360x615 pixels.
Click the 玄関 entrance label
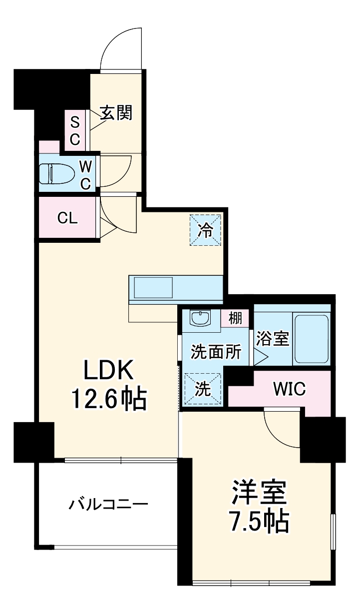[116, 113]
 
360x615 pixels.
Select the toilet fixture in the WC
[55, 173]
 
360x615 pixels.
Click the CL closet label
[67, 218]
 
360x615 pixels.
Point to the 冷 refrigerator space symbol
[205, 230]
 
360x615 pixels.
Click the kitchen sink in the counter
[151, 288]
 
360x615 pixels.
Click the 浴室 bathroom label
[273, 339]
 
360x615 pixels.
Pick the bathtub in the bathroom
[311, 338]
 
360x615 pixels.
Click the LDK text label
[108, 371]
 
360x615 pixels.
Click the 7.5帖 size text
[258, 522]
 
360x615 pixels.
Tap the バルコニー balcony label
[108, 504]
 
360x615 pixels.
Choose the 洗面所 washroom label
[216, 351]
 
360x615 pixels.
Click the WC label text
[85, 174]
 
